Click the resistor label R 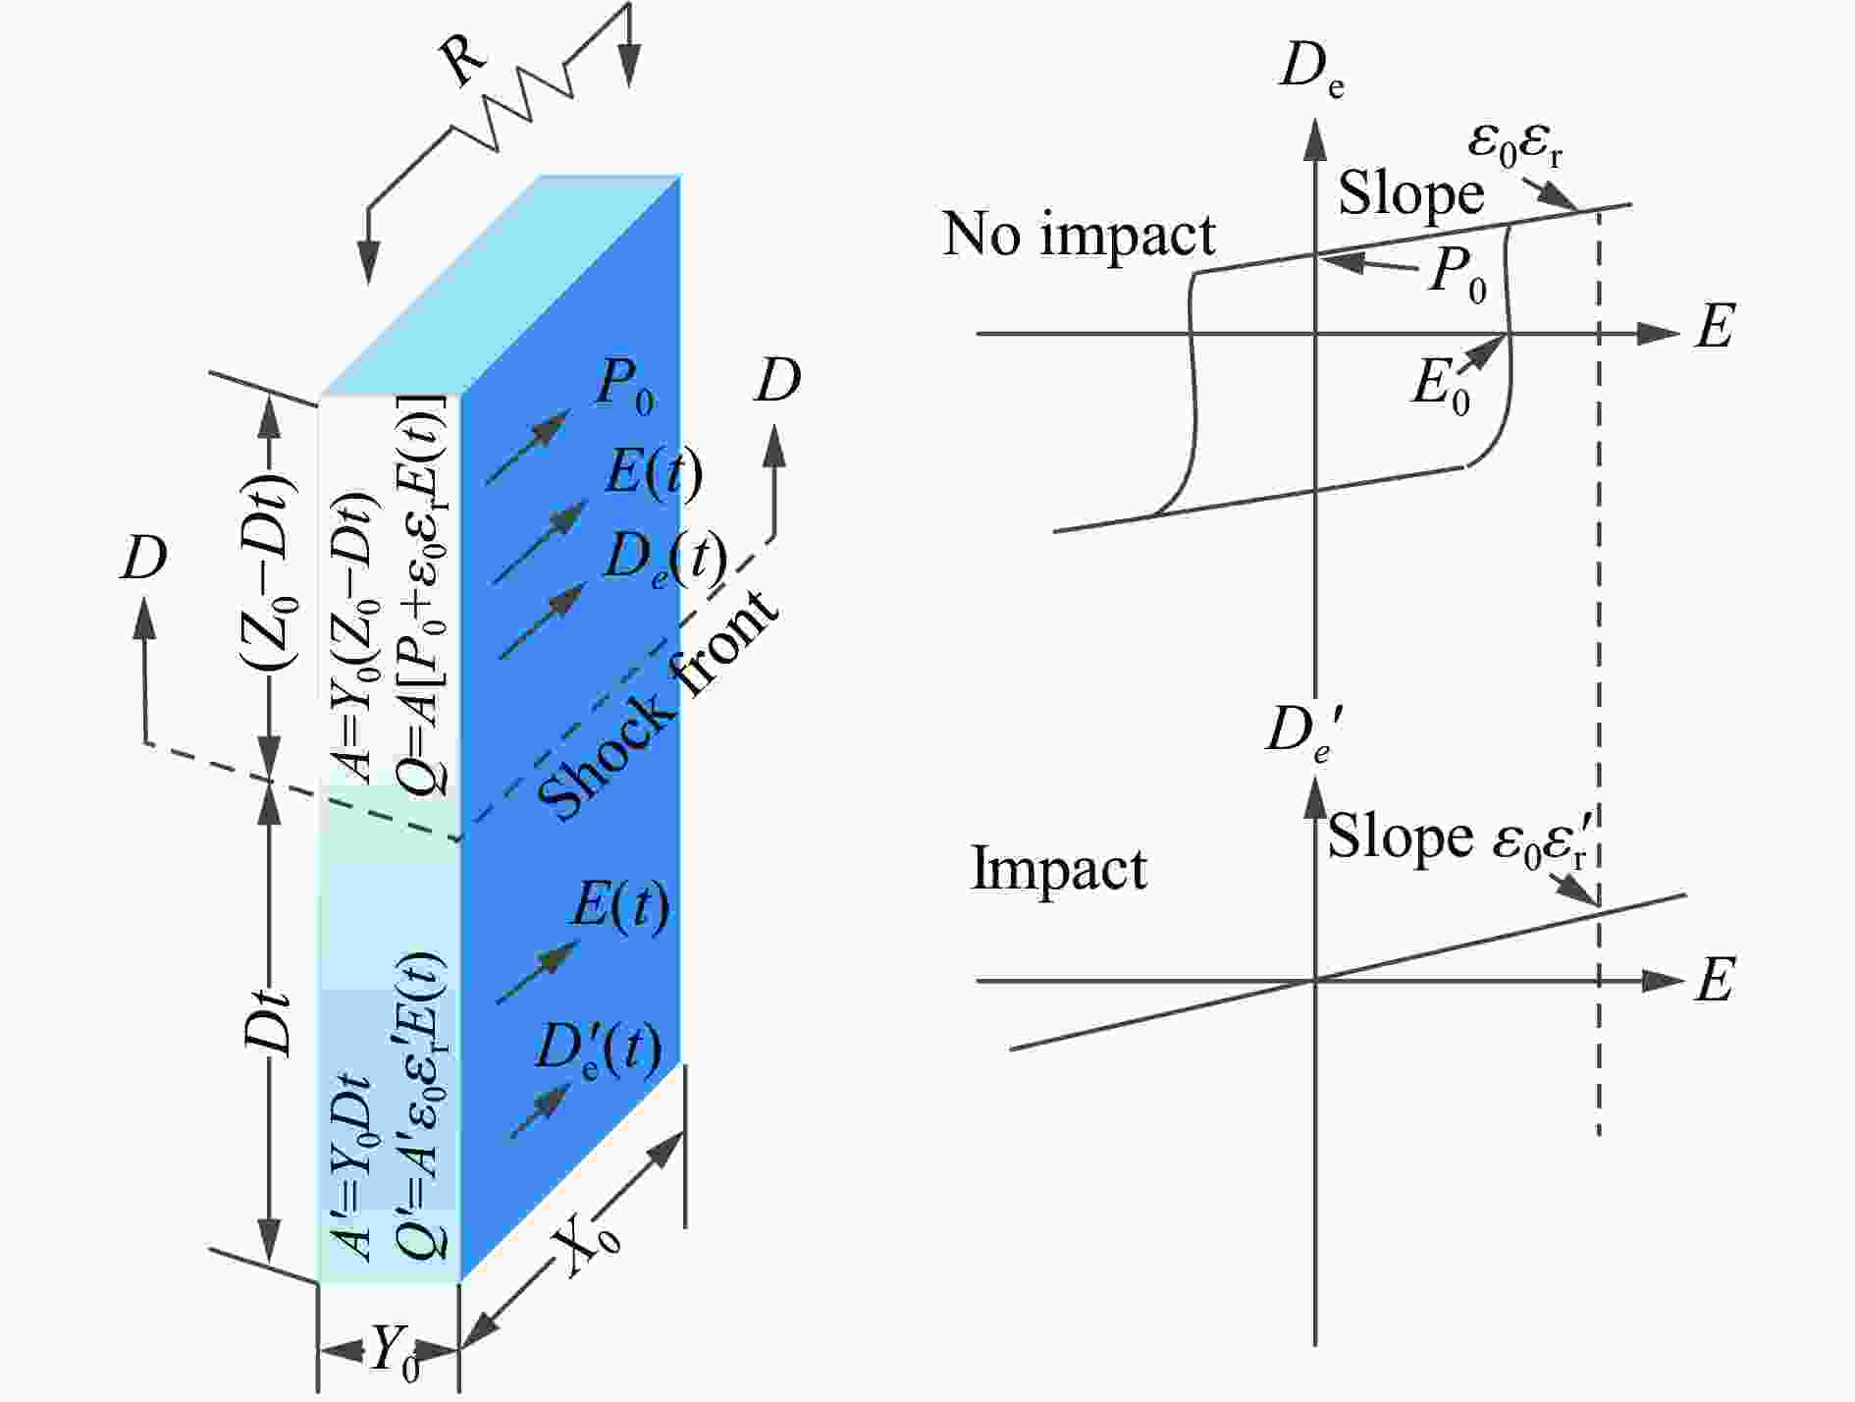pyautogui.click(x=465, y=67)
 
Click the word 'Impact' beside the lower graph pyautogui.click(x=1059, y=870)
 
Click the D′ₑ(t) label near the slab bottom pyautogui.click(x=597, y=1049)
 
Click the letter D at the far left pyautogui.click(x=143, y=558)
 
